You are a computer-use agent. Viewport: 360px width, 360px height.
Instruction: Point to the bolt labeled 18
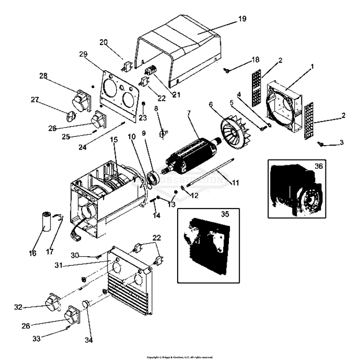[x=226, y=71]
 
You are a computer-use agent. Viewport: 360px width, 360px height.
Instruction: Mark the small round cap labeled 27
[x=71, y=116]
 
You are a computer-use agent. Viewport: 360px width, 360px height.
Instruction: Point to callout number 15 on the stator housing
[x=113, y=139]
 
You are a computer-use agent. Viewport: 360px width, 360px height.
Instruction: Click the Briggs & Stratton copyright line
[x=180, y=357]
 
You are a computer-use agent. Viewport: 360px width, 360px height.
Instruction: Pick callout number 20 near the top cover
[x=104, y=42]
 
